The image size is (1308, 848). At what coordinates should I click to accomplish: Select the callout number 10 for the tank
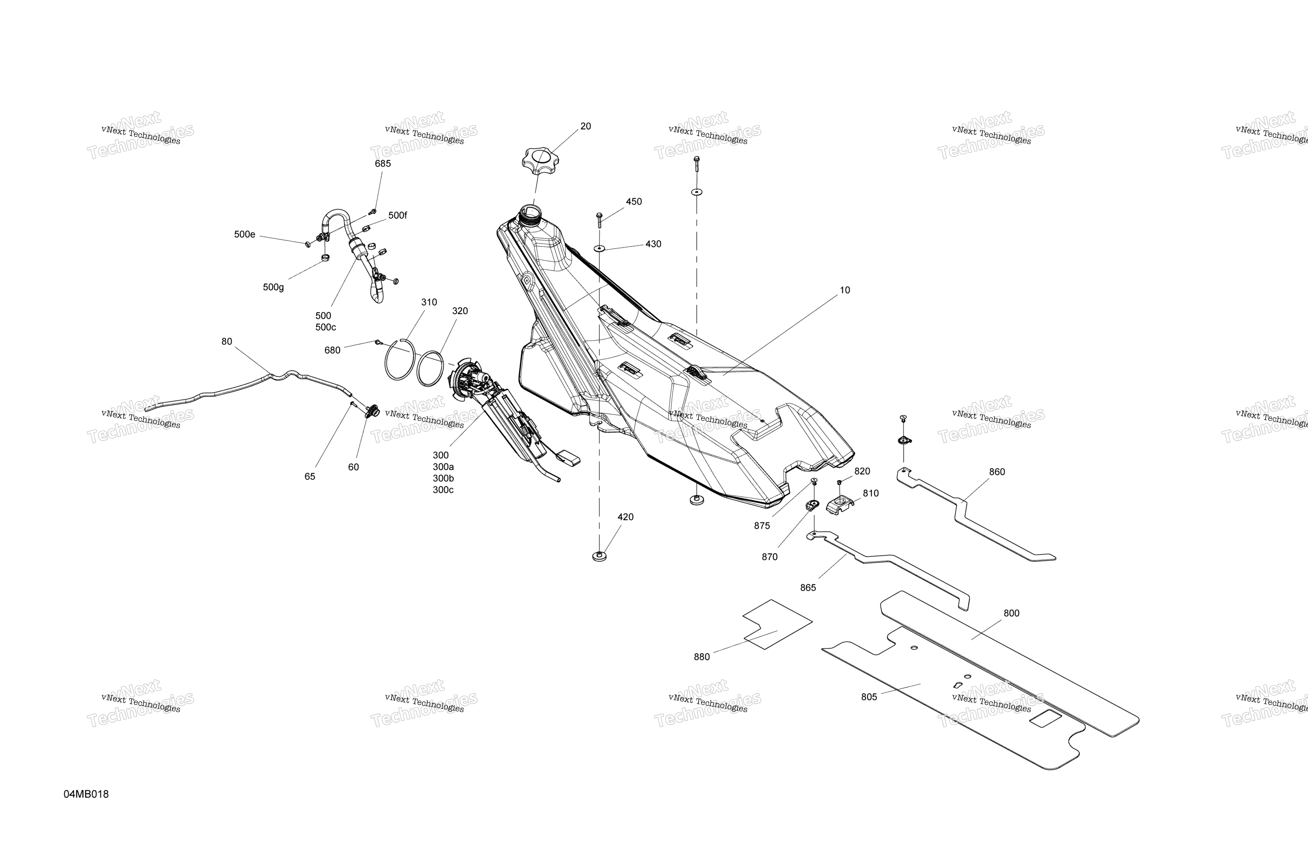845,290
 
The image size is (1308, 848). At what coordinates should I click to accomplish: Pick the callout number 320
460,311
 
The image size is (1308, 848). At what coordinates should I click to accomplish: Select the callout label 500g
273,288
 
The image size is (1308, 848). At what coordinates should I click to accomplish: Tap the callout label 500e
245,235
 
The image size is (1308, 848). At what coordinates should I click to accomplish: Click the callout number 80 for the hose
226,342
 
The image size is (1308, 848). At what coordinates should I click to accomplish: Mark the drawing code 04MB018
86,794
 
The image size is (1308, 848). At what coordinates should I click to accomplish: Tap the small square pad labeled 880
777,624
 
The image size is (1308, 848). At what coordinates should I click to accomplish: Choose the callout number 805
869,697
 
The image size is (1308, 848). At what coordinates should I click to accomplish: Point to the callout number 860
997,472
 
